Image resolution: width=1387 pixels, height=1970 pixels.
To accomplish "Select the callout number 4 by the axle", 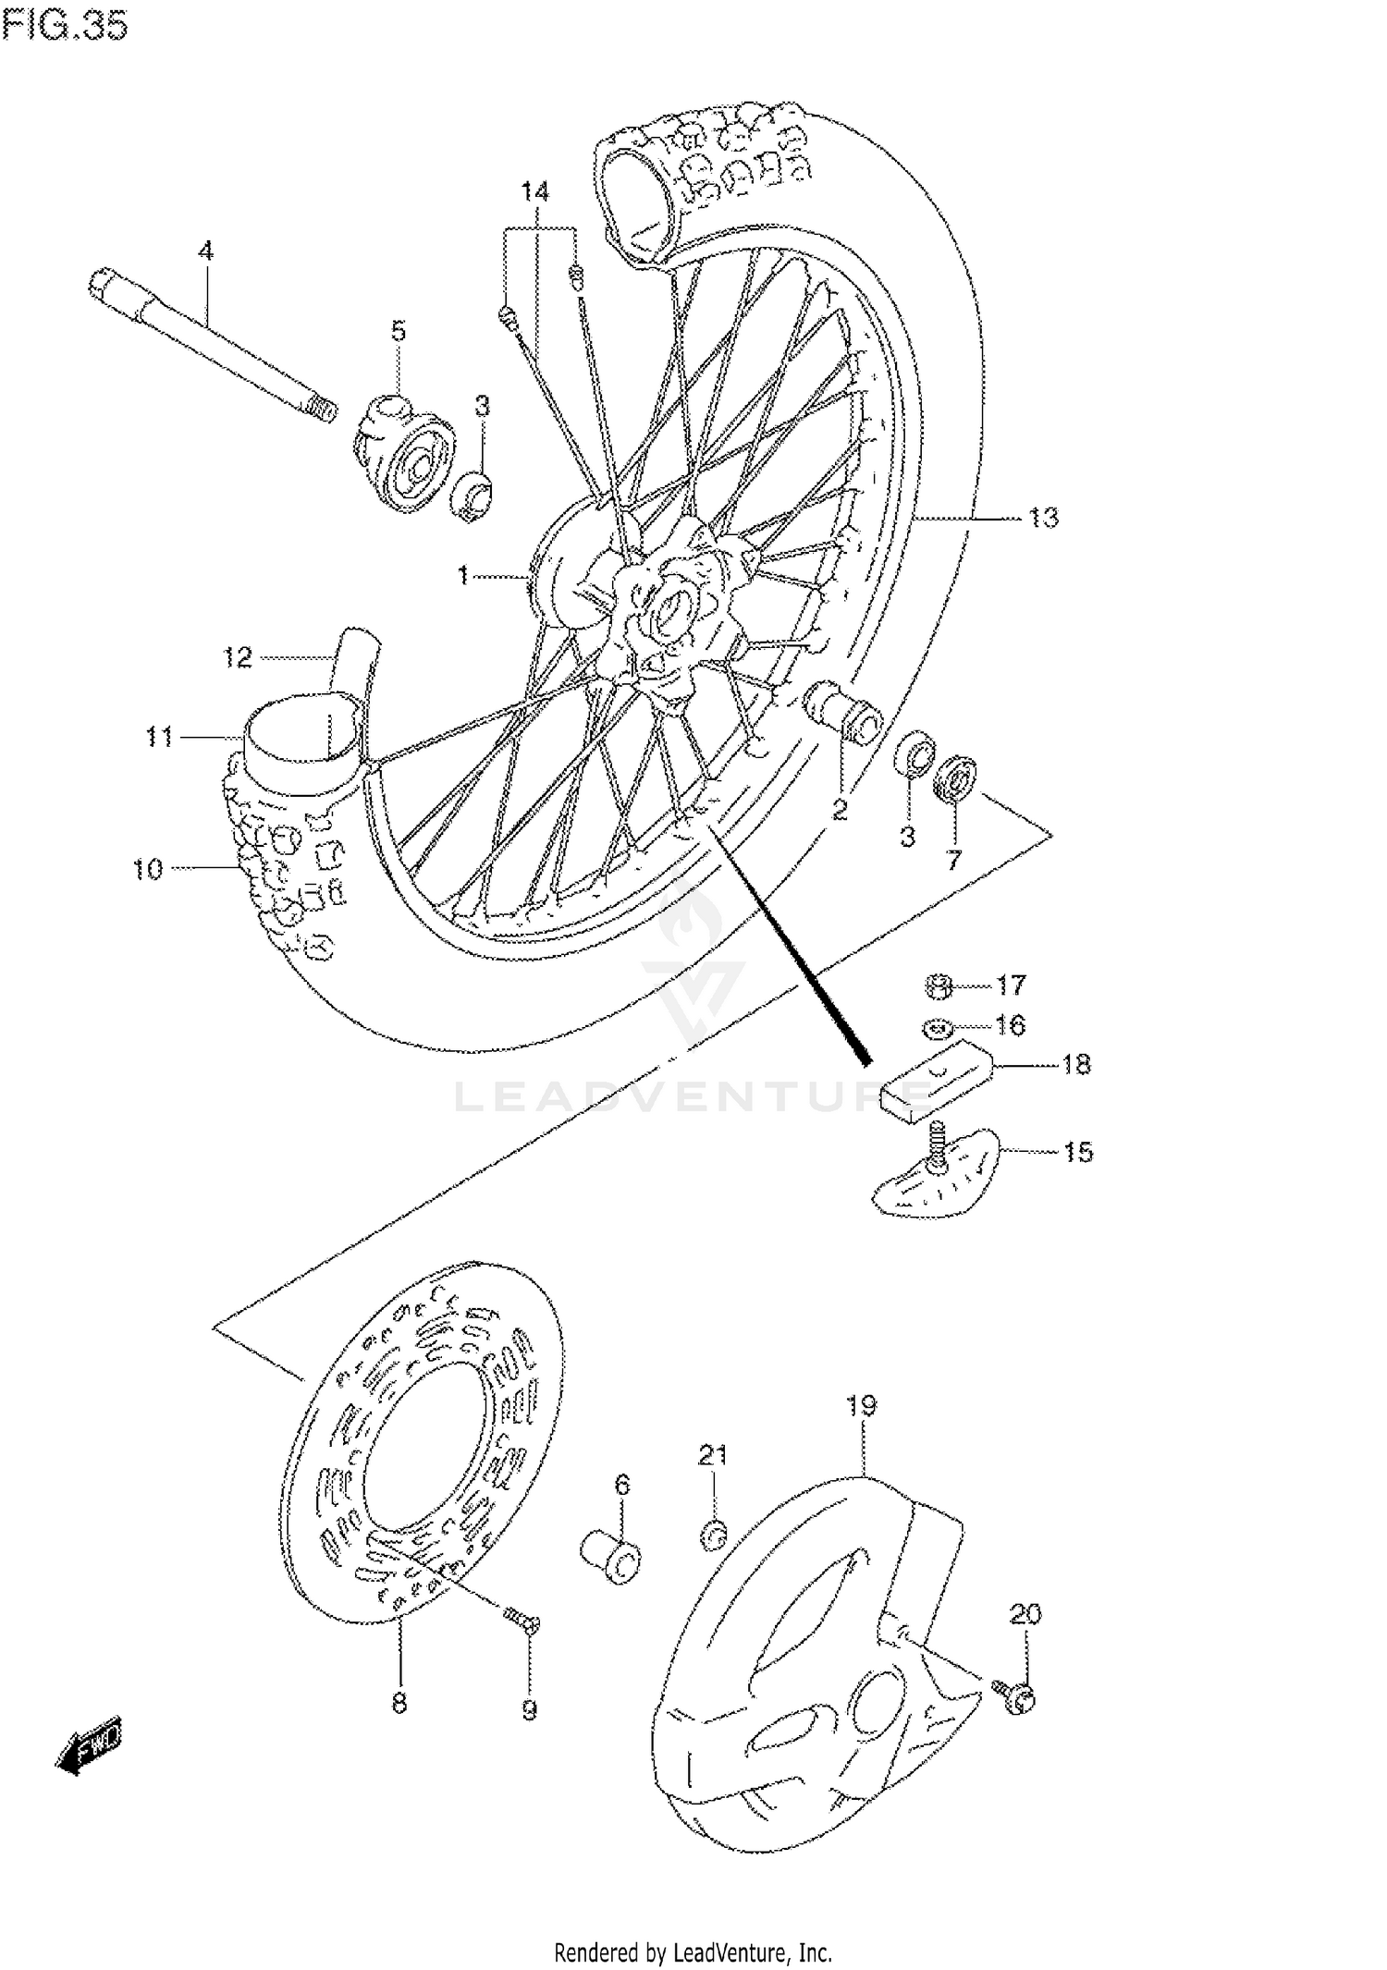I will (x=205, y=251).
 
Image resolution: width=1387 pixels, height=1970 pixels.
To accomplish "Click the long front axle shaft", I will (x=213, y=347).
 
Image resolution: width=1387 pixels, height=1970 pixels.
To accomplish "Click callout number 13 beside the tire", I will (x=1043, y=518).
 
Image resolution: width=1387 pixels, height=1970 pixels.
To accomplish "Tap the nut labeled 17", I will (x=939, y=987).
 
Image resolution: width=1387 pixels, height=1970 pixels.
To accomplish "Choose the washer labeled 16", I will (x=936, y=1027).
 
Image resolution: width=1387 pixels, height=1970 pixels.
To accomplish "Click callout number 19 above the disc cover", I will (x=860, y=1406).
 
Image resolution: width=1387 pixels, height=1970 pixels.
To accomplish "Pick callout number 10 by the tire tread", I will (x=148, y=869).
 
